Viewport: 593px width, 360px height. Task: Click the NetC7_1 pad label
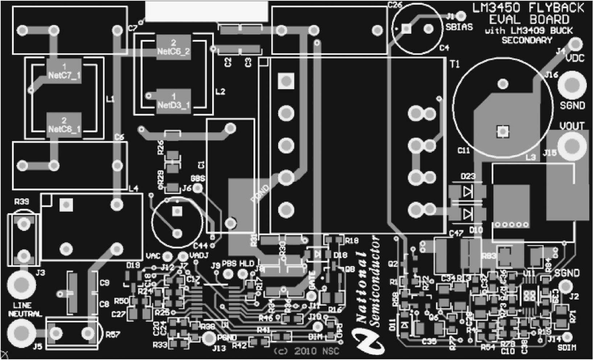click(64, 71)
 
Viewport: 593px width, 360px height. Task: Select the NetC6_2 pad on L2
click(173, 47)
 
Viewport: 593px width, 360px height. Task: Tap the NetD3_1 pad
click(173, 101)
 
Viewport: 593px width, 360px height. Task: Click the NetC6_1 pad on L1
click(64, 125)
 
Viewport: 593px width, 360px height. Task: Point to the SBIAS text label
click(459, 27)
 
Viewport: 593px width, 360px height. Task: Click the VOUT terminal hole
click(572, 146)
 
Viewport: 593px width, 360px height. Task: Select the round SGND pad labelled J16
click(572, 85)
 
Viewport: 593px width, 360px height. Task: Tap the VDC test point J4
click(575, 45)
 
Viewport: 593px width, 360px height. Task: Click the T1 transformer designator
click(454, 64)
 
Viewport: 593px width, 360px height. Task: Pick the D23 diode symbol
click(468, 191)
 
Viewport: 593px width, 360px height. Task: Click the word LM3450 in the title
click(496, 8)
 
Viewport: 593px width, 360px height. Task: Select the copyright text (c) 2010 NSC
click(306, 351)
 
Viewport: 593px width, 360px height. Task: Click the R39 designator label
click(21, 202)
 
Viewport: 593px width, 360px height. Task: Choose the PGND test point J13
click(209, 339)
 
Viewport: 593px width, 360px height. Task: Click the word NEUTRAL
click(25, 314)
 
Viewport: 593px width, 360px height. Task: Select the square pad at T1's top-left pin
click(286, 81)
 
